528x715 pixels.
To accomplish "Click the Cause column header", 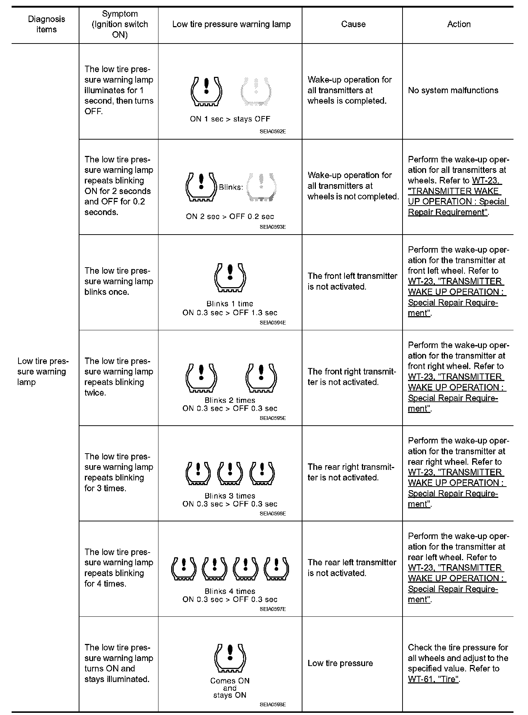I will pos(353,24).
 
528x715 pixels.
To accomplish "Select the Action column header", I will pos(459,24).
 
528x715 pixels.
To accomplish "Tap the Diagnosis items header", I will pos(46,24).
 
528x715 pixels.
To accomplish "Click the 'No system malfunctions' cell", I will pos(453,90).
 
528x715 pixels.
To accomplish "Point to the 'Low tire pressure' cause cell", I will pos(340,663).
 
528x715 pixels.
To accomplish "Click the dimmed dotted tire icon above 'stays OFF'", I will pos(256,91).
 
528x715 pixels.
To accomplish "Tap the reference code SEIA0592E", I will pos(273,132).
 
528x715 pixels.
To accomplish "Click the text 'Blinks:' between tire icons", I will pos(230,187).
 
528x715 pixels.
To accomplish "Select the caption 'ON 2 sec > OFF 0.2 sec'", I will pos(230,216).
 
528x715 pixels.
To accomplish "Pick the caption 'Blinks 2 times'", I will pos(230,400).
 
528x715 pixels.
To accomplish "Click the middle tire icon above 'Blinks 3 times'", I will pos(230,474).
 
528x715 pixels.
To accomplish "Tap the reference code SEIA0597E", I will pos(273,609).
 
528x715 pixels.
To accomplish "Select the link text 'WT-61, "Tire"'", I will pos(433,679).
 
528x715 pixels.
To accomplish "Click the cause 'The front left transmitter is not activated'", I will pos(352,281).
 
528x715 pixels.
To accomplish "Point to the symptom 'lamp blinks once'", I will pos(119,281).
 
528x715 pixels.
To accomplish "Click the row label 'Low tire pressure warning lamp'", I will pos(42,372).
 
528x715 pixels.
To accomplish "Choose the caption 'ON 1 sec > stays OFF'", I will pos(230,119).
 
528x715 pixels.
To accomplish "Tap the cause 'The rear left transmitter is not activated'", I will pos(352,568).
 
